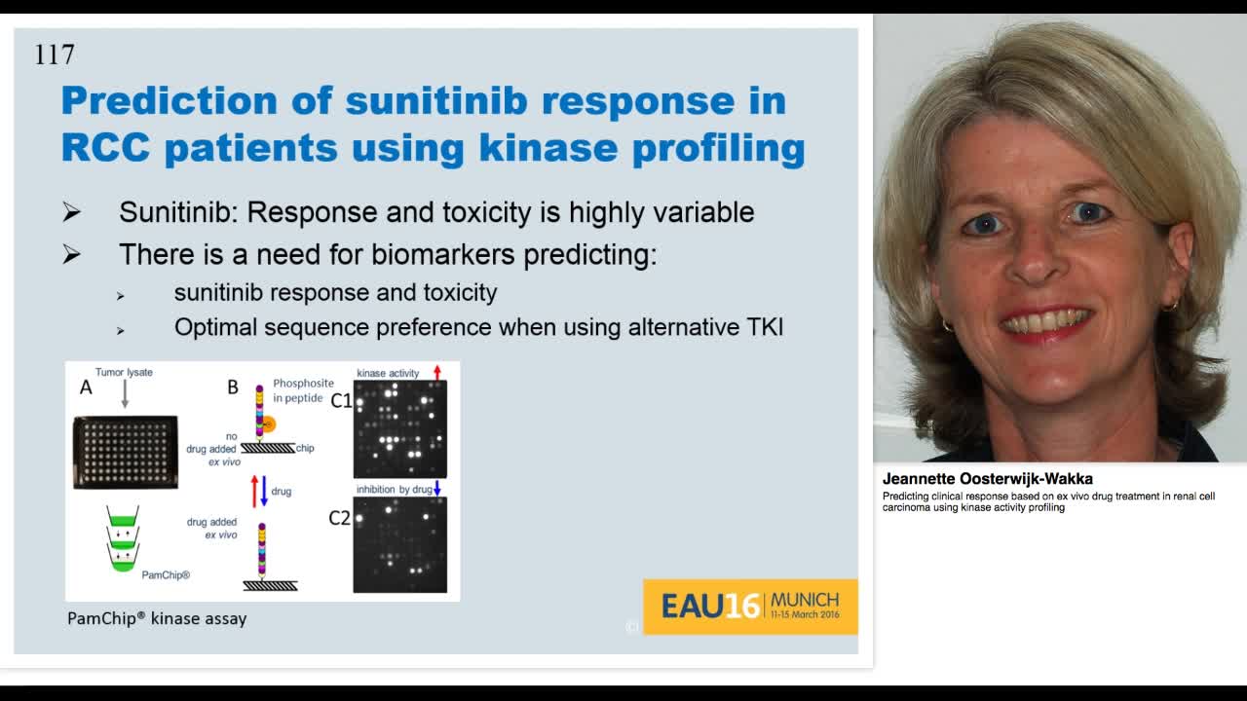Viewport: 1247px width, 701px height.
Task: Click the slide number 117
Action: [x=55, y=55]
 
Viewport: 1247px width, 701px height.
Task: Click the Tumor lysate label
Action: [x=124, y=373]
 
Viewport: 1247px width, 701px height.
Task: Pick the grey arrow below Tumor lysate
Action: [x=125, y=394]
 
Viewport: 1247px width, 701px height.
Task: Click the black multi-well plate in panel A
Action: [x=126, y=452]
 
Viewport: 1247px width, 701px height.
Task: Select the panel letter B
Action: [x=233, y=387]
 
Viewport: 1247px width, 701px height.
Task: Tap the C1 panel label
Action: [x=340, y=400]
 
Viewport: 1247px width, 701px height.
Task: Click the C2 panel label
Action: [x=339, y=519]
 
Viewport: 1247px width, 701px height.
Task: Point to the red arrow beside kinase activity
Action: [x=436, y=372]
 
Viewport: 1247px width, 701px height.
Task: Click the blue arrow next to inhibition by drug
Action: [x=437, y=488]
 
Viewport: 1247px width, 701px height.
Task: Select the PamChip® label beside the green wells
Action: [x=166, y=575]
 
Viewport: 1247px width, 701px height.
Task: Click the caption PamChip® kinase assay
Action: [x=157, y=618]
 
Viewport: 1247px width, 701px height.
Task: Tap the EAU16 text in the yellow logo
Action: [x=709, y=607]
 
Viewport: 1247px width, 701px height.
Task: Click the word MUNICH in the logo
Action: [x=804, y=600]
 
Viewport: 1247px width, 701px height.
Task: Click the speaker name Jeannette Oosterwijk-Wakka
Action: [x=987, y=479]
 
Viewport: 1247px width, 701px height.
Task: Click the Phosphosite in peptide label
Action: [x=303, y=390]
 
